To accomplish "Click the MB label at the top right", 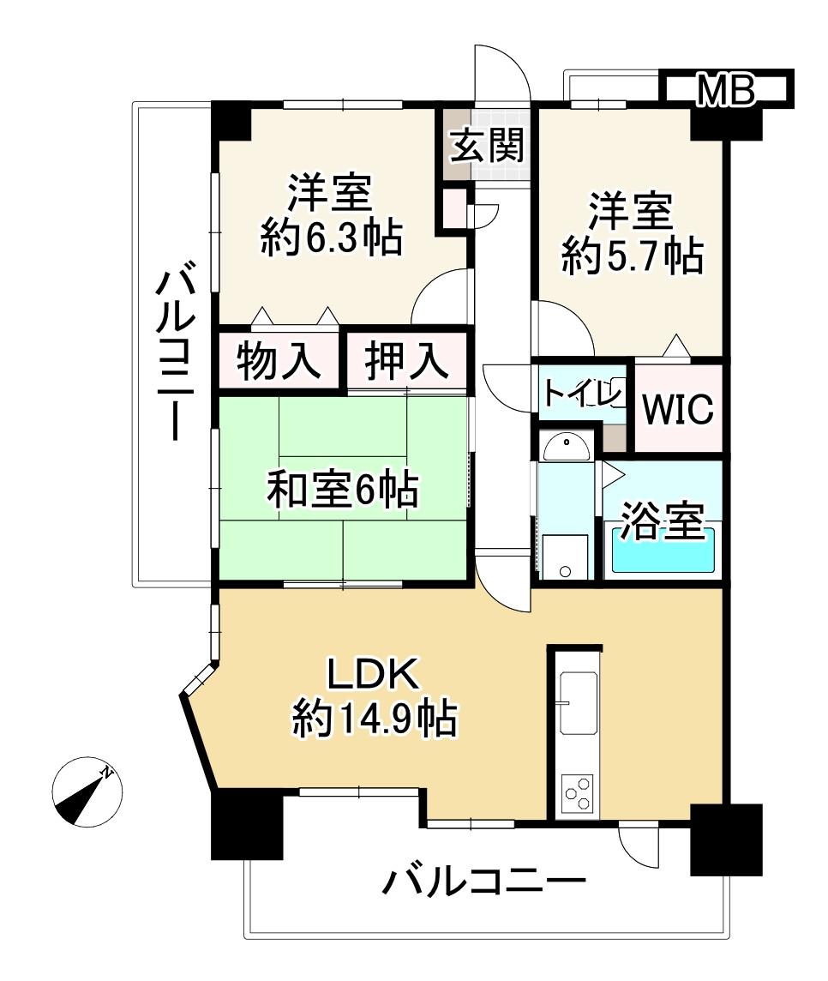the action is [725, 89].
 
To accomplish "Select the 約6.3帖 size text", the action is [331, 238].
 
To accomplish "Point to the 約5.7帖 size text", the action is [632, 256].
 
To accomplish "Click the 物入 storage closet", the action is [279, 361].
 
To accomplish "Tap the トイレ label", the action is [583, 393].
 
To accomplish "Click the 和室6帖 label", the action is [343, 489].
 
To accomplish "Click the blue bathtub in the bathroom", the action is [663, 551].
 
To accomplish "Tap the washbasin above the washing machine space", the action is [566, 448].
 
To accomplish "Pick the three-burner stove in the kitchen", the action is [578, 792].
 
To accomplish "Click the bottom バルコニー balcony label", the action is [484, 882].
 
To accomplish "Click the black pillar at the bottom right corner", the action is [726, 840].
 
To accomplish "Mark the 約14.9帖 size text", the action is [375, 719].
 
